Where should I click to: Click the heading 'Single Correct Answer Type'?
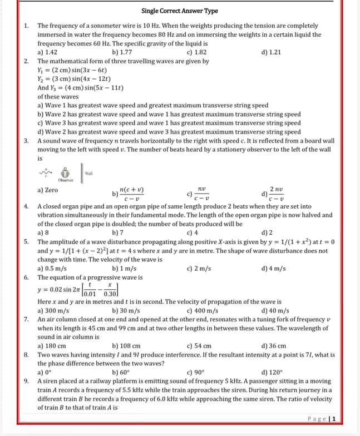(x=180, y=11)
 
